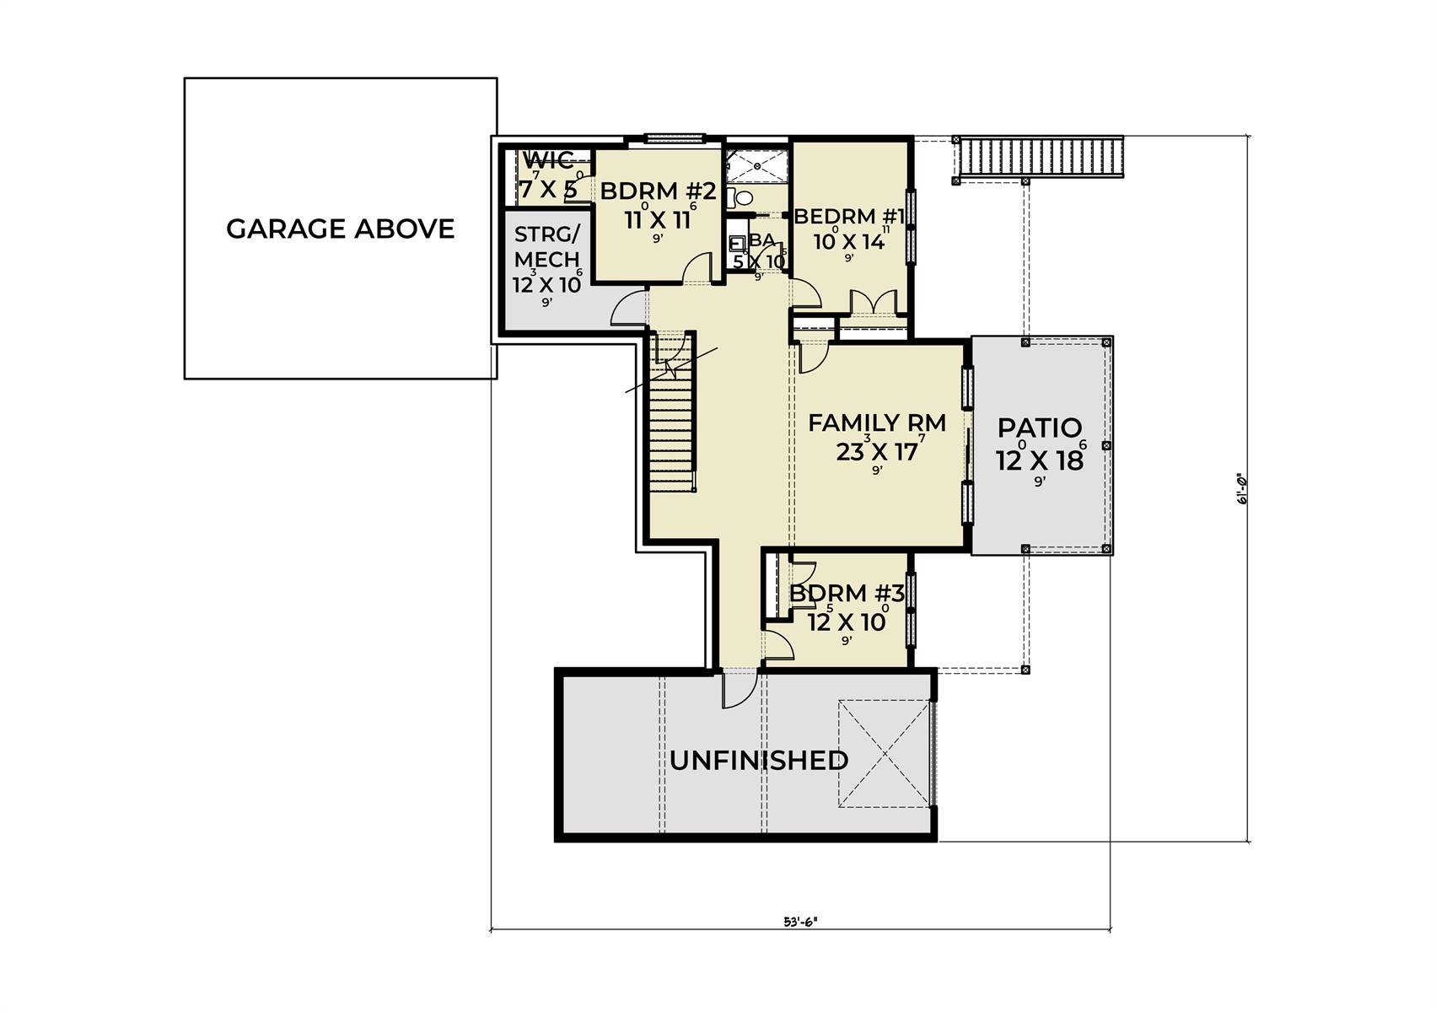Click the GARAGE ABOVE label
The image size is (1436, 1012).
tap(340, 229)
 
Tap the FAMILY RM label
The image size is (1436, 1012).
tap(877, 423)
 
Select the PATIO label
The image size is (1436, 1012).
tap(1040, 428)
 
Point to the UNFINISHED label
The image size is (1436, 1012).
tap(759, 761)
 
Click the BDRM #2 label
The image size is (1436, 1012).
tap(658, 192)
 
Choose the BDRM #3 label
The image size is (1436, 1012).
tap(847, 594)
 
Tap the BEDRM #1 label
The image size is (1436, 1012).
tap(849, 217)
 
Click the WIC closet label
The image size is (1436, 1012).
tap(548, 160)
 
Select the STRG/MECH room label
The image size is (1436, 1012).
tap(546, 246)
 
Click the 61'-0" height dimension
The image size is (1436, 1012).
tap(1240, 488)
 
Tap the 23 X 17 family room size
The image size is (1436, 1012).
tap(877, 453)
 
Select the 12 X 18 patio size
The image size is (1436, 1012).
tap(1040, 460)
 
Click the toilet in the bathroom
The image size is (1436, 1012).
tap(743, 199)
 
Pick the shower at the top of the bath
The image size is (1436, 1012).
tap(757, 166)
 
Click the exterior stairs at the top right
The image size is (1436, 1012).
tap(1041, 156)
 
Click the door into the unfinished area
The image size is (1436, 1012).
tap(735, 690)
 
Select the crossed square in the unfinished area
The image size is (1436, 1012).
tap(884, 754)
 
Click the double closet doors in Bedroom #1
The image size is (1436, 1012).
tap(872, 302)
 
